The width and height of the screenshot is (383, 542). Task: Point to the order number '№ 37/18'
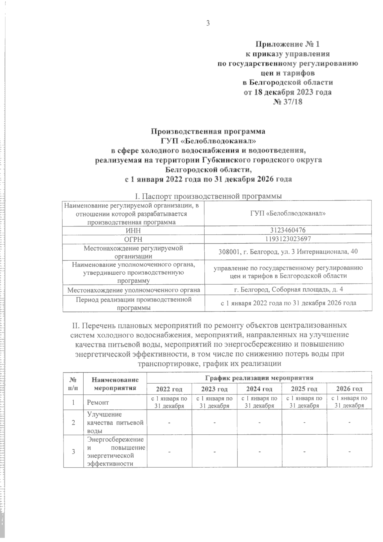click(288, 102)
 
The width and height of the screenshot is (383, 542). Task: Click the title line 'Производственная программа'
click(208, 131)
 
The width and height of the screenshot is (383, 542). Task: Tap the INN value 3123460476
click(288, 230)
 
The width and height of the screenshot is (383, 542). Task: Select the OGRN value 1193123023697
click(288, 239)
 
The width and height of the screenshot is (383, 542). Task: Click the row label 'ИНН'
click(133, 230)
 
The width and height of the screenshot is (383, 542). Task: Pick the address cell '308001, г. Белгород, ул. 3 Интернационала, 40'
click(288, 252)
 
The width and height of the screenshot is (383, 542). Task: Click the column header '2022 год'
click(169, 389)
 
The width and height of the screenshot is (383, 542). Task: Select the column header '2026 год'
click(349, 389)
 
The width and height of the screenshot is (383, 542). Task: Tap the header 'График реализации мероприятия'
click(259, 378)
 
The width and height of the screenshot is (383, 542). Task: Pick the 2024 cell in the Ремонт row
click(259, 402)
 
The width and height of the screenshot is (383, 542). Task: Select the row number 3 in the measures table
click(73, 452)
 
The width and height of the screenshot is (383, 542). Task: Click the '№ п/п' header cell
click(73, 383)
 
